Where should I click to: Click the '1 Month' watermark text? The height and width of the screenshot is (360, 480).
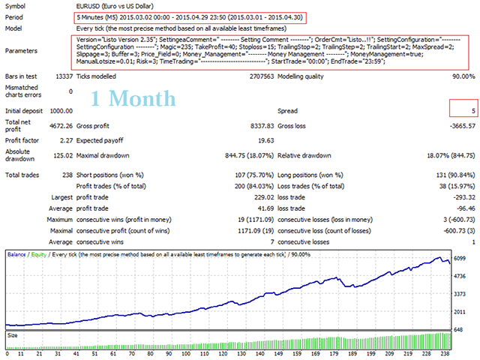click(x=133, y=97)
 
